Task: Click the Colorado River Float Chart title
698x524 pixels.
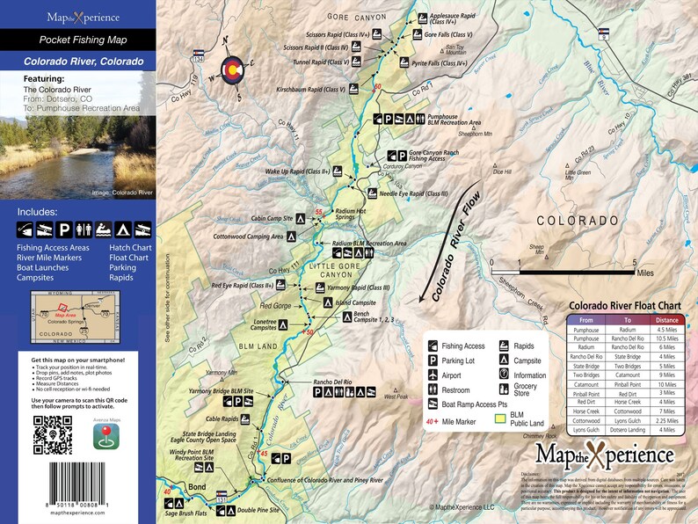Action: (x=626, y=306)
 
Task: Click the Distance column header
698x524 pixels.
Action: (x=666, y=320)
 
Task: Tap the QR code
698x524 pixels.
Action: (x=51, y=433)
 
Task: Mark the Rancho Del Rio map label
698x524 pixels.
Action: (x=332, y=382)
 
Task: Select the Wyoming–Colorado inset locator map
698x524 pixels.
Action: (x=72, y=314)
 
